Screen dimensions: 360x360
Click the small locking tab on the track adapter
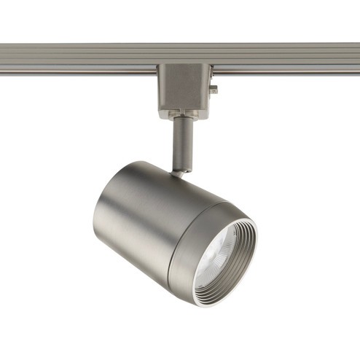point(214,90)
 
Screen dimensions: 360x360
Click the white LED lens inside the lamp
point(219,251)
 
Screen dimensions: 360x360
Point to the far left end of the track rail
point(4,59)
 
